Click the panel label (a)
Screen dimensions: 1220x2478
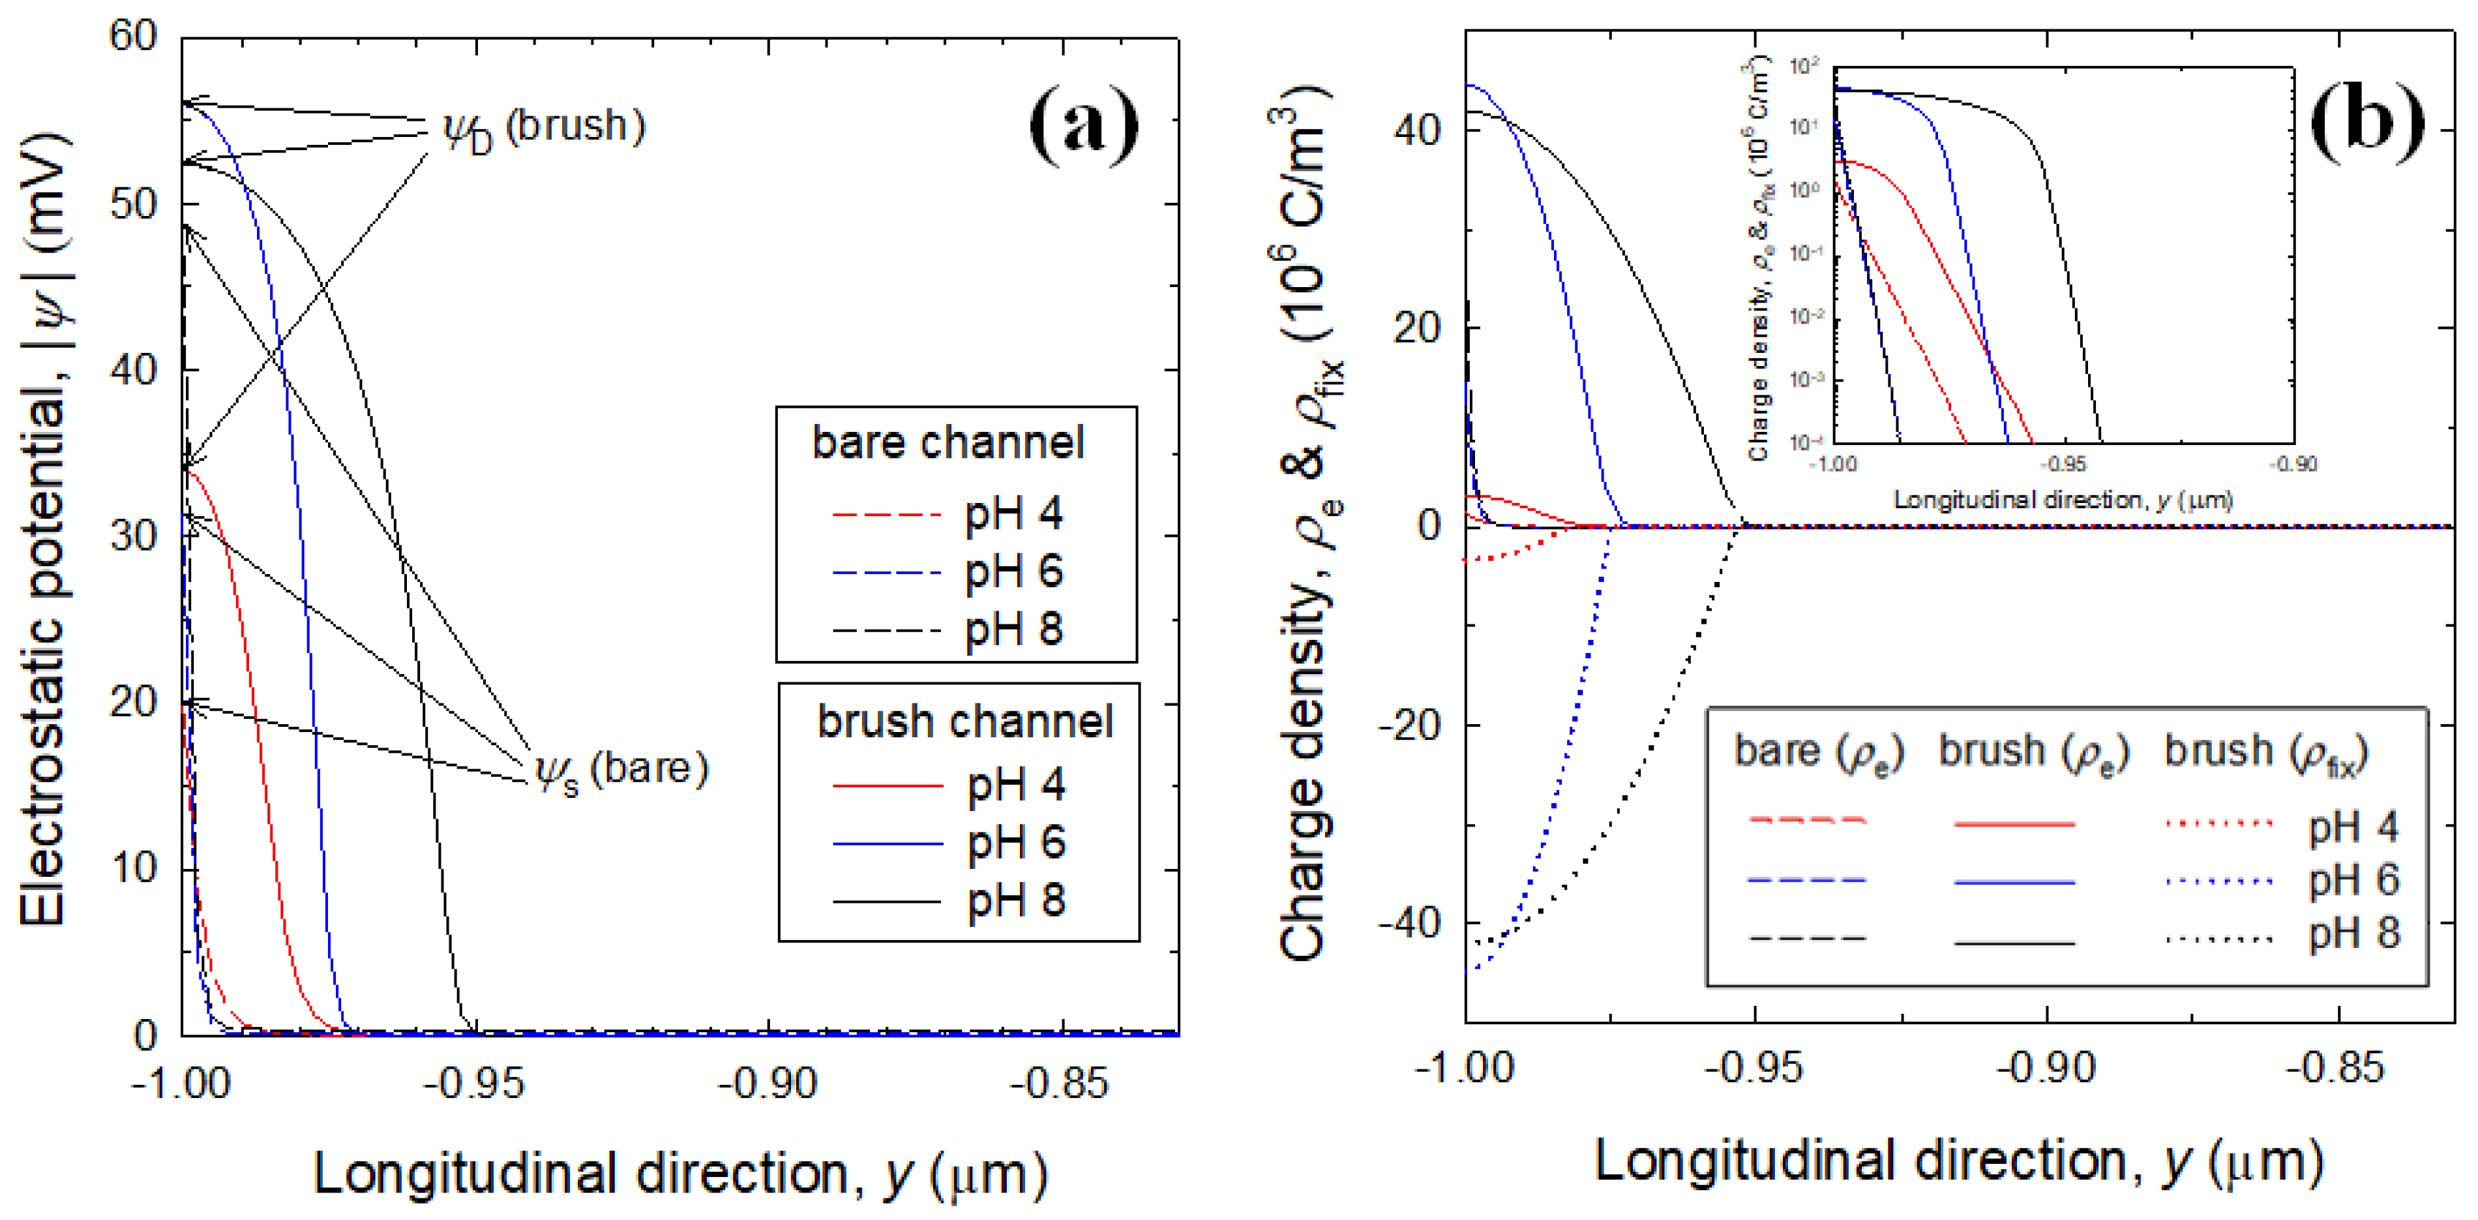pos(1083,125)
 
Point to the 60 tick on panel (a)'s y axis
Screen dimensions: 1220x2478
pos(133,37)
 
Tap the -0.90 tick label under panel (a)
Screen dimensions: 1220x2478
pos(768,1084)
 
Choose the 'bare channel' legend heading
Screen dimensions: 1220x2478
pos(948,442)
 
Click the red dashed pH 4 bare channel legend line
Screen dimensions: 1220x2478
pos(886,515)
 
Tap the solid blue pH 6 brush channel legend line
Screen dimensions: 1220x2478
pos(887,844)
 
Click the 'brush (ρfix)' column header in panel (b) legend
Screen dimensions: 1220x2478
pos(2265,752)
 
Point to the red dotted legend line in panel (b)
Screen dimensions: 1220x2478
pos(2218,823)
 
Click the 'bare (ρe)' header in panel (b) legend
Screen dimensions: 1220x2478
pos(1818,752)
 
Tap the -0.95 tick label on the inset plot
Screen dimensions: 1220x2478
pos(2065,465)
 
